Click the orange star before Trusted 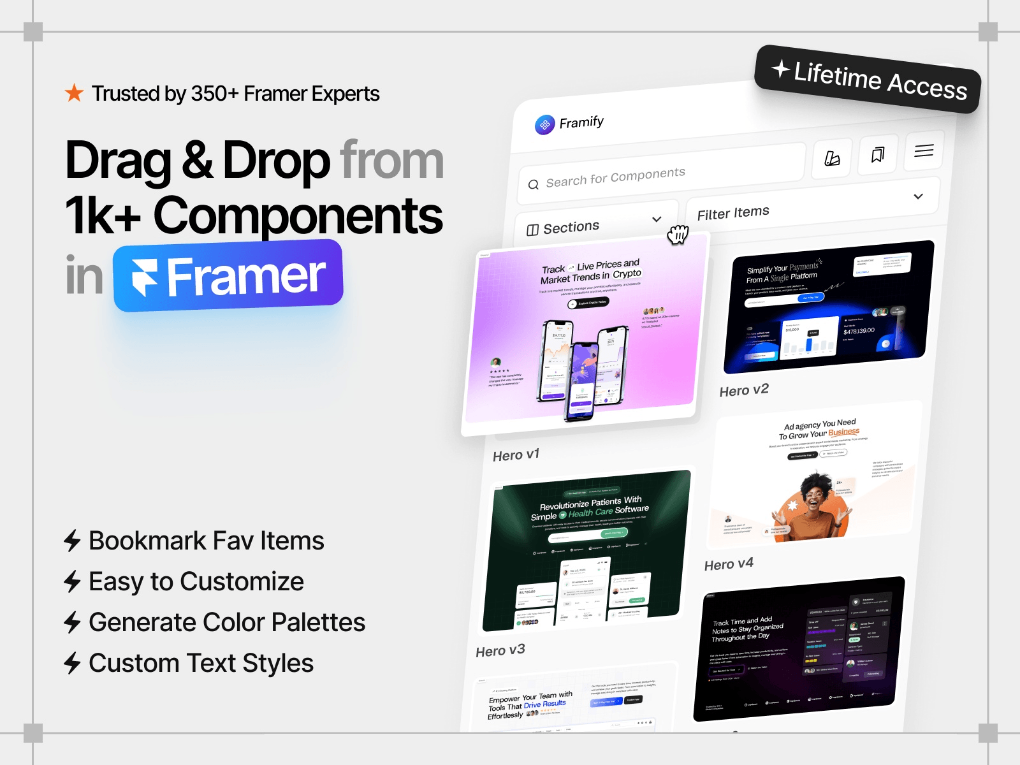coord(74,94)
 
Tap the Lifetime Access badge coord(868,80)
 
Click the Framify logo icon coord(544,125)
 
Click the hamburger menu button coord(924,151)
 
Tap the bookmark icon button coord(878,154)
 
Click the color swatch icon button coord(832,158)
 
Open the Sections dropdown coord(594,224)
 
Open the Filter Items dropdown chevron coord(918,196)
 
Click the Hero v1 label coord(516,455)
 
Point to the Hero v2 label coord(744,390)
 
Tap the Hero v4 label coord(729,564)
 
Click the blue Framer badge coord(228,276)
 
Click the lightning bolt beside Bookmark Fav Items coord(72,541)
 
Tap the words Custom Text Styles coord(201,663)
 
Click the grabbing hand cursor coord(678,235)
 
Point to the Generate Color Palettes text coord(226,622)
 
